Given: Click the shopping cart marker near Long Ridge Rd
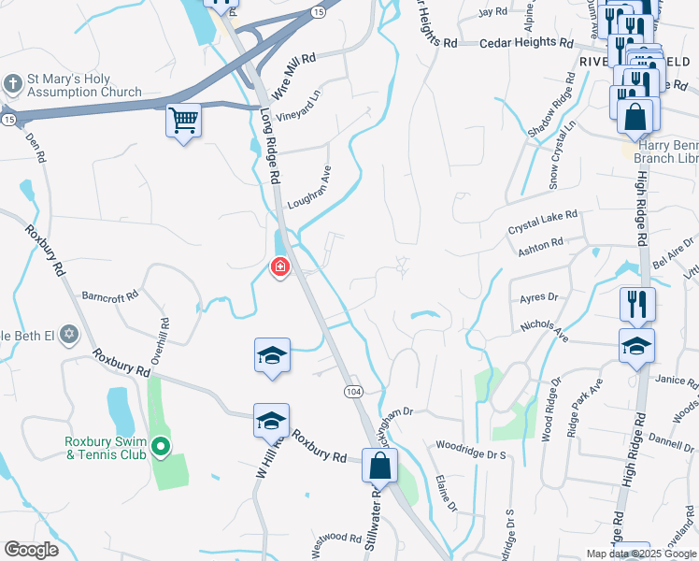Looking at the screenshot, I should pyautogui.click(x=184, y=121).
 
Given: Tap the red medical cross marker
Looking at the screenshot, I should pyautogui.click(x=278, y=268).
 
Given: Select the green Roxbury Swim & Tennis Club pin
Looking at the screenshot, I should pyautogui.click(x=160, y=449).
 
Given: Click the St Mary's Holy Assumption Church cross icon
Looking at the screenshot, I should pyautogui.click(x=13, y=84).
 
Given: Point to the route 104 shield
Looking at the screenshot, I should pyautogui.click(x=352, y=389).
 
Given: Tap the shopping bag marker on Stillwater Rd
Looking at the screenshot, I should pyautogui.click(x=379, y=465).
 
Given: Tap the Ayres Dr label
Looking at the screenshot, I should pyautogui.click(x=538, y=297).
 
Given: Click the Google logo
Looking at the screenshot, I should pyautogui.click(x=31, y=550).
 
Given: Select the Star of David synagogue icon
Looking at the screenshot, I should pyautogui.click(x=68, y=334).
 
